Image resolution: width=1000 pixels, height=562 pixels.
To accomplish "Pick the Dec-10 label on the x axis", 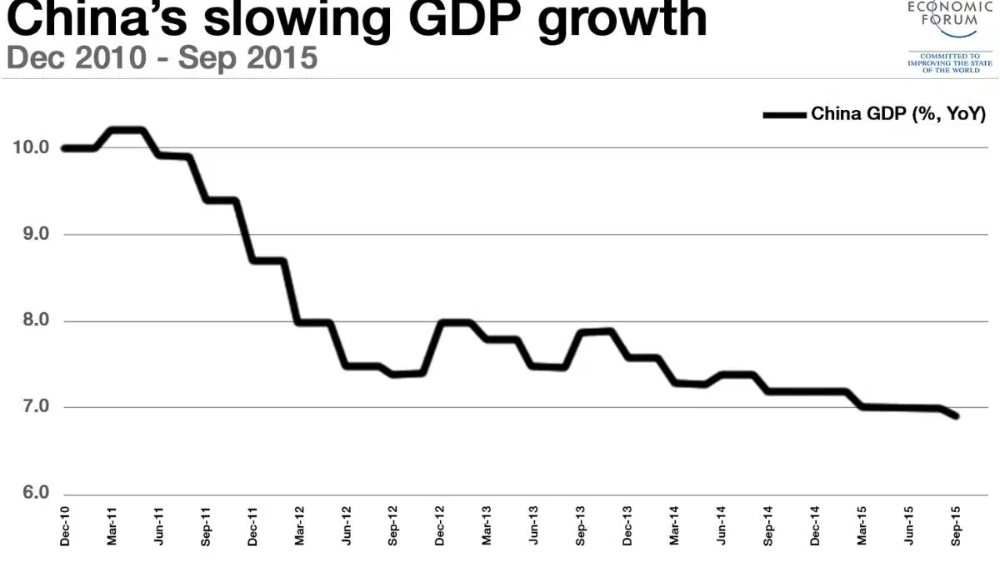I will point(65,527).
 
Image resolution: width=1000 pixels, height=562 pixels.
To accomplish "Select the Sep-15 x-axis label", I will point(956,527).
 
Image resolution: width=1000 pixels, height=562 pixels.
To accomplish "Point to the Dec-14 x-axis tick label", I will point(816,527).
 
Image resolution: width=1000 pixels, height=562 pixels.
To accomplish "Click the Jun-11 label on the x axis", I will point(159,527).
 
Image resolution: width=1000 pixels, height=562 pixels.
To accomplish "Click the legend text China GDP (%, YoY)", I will point(898,114).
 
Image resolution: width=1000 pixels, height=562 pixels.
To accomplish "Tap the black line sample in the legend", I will point(784,114).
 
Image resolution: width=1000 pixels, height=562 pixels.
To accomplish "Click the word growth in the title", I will point(622,20).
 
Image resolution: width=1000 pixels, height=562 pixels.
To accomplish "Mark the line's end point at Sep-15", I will point(956,415).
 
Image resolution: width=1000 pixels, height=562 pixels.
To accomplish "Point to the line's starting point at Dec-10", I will point(65,148).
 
